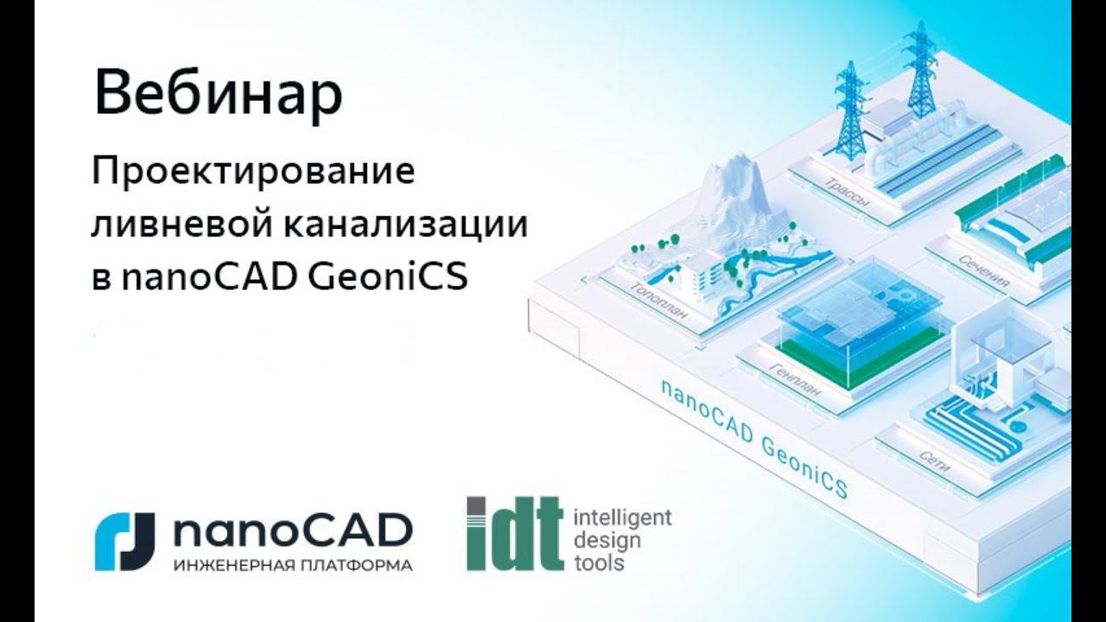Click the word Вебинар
(x=218, y=94)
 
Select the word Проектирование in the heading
(x=254, y=170)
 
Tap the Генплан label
(x=795, y=384)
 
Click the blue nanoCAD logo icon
(x=124, y=541)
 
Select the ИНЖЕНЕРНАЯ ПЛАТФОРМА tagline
(x=292, y=566)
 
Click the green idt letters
(x=513, y=533)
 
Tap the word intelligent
(x=622, y=519)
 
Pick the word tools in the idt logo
(x=599, y=563)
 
